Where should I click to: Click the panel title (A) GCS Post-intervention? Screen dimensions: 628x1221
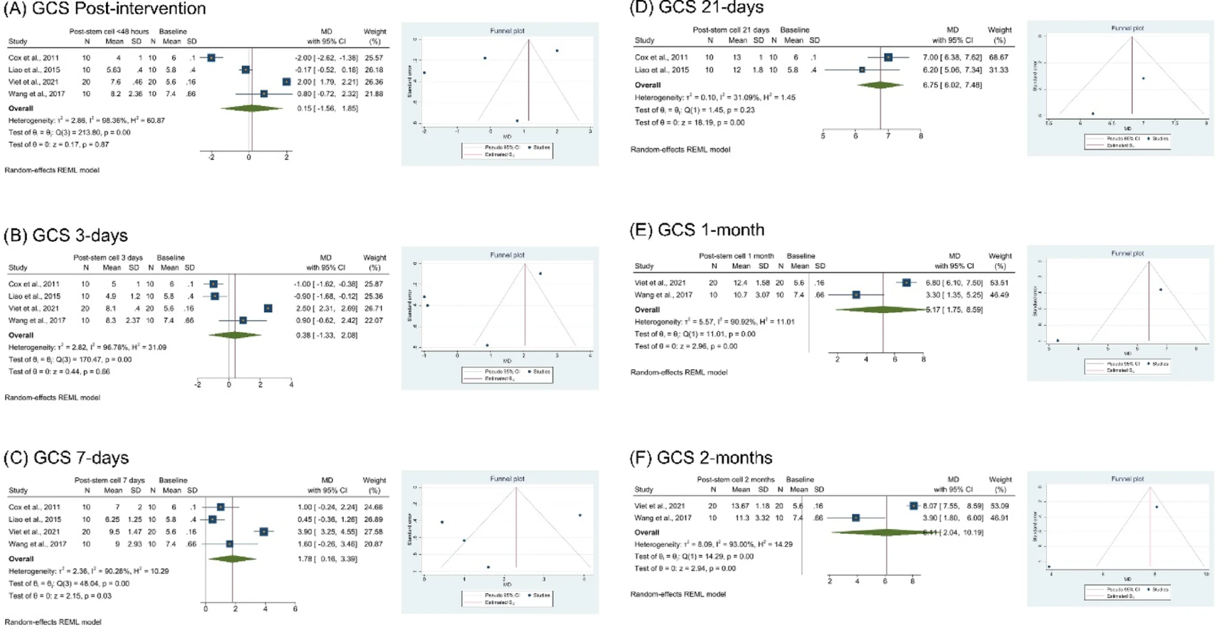(x=105, y=9)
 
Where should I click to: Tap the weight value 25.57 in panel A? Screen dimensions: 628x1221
(x=373, y=57)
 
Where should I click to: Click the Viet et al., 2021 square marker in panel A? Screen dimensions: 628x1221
(x=286, y=82)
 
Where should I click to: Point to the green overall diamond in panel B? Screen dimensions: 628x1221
(x=235, y=335)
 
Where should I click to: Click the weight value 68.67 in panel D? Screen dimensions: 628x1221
(x=998, y=57)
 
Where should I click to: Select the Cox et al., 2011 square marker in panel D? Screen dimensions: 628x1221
(x=888, y=57)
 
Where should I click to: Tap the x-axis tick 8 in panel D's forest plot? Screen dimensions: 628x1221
(x=921, y=136)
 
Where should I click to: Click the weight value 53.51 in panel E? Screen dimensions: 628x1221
(x=999, y=283)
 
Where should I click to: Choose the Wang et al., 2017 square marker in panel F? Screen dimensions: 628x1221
(x=856, y=518)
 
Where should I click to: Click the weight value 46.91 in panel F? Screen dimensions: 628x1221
(x=999, y=518)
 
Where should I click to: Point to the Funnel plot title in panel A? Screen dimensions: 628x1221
(x=507, y=30)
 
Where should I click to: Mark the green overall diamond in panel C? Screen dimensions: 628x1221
(x=233, y=559)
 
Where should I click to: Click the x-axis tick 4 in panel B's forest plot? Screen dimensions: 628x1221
(x=291, y=384)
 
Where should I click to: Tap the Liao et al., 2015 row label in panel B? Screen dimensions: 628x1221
(x=34, y=296)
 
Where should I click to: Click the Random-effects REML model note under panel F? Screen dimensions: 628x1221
(x=678, y=594)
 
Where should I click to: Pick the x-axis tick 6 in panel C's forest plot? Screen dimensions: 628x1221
(x=295, y=609)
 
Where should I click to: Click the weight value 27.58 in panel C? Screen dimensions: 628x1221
(x=374, y=532)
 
